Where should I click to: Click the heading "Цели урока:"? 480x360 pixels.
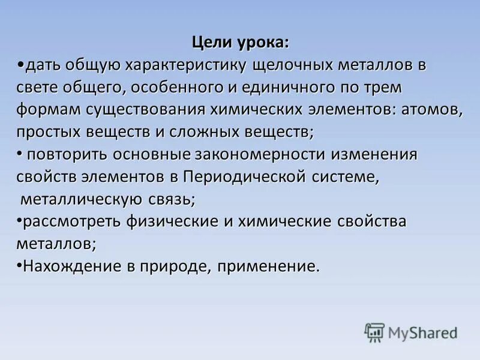coord(240,43)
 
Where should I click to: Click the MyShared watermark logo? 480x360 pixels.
coord(411,332)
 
